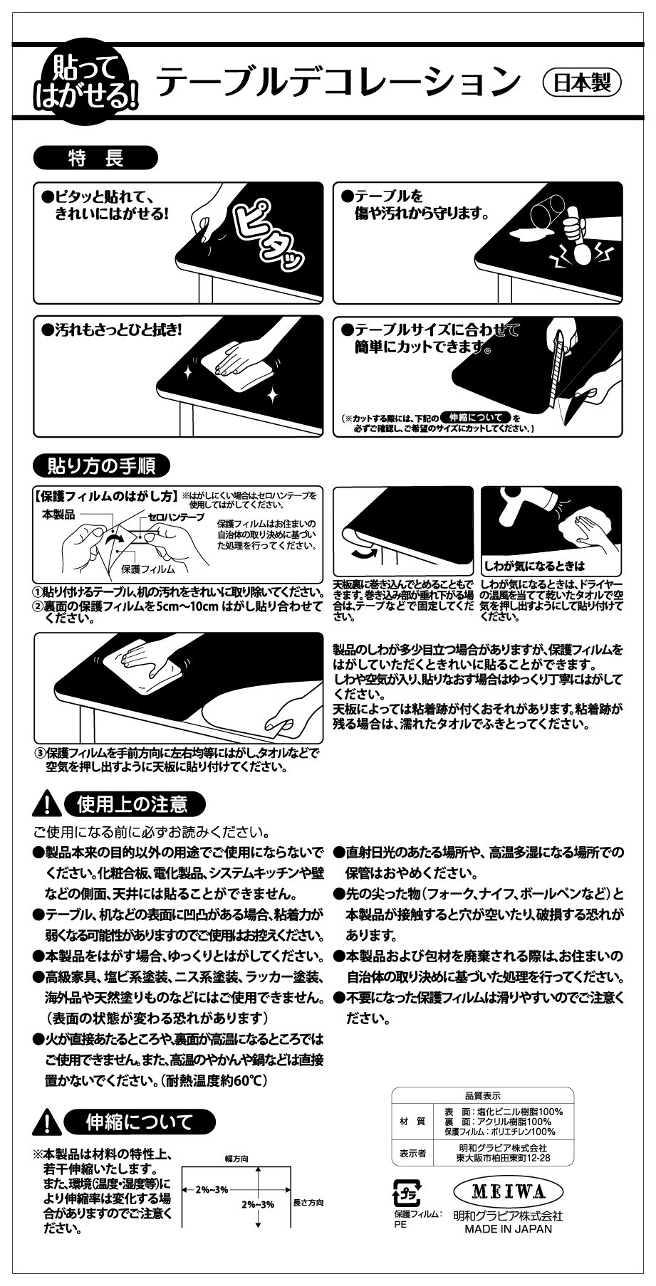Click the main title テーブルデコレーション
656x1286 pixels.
point(338,82)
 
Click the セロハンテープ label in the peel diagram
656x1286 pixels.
point(176,516)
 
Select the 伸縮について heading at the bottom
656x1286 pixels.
point(138,1123)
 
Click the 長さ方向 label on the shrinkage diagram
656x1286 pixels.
point(308,1203)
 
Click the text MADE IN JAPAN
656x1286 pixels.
point(509,1229)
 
